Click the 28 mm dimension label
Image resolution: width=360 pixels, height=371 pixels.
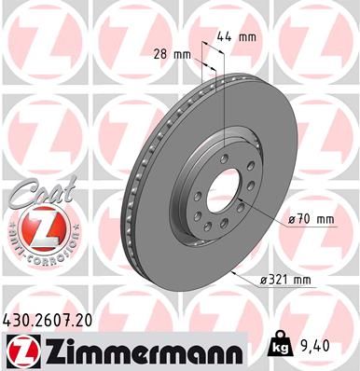click(x=173, y=53)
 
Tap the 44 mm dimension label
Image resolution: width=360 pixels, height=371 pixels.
click(x=242, y=36)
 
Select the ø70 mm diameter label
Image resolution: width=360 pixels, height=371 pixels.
click(x=310, y=218)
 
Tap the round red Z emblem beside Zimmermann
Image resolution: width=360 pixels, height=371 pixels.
click(x=20, y=350)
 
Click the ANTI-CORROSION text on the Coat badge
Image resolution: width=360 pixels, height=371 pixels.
click(x=35, y=253)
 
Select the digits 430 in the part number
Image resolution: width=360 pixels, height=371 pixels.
click(x=18, y=320)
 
